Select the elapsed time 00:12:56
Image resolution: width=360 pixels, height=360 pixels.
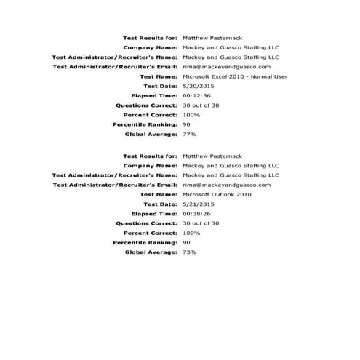click(196, 95)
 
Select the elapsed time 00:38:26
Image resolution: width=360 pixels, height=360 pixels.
click(196, 214)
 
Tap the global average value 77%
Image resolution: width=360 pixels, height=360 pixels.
click(190, 135)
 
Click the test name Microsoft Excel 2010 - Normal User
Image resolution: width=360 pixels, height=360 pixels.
click(229, 76)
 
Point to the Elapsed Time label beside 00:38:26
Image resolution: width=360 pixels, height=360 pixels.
click(154, 214)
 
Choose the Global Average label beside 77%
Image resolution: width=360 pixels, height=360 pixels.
click(151, 135)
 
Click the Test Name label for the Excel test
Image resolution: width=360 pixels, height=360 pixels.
click(158, 76)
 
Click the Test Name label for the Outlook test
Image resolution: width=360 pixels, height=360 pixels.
click(158, 194)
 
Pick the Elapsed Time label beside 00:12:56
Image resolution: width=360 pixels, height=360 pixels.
click(154, 95)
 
